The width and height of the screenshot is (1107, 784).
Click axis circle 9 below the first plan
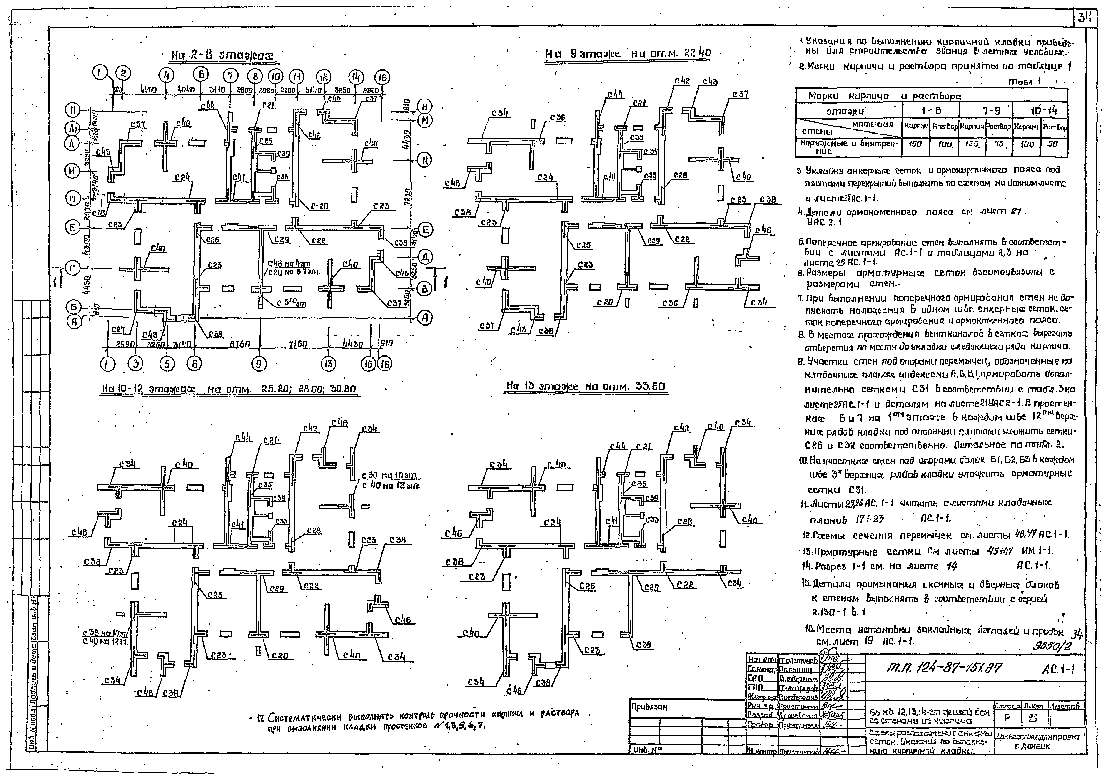click(259, 364)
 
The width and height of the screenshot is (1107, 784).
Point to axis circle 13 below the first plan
click(328, 364)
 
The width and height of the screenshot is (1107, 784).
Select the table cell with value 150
click(915, 144)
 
